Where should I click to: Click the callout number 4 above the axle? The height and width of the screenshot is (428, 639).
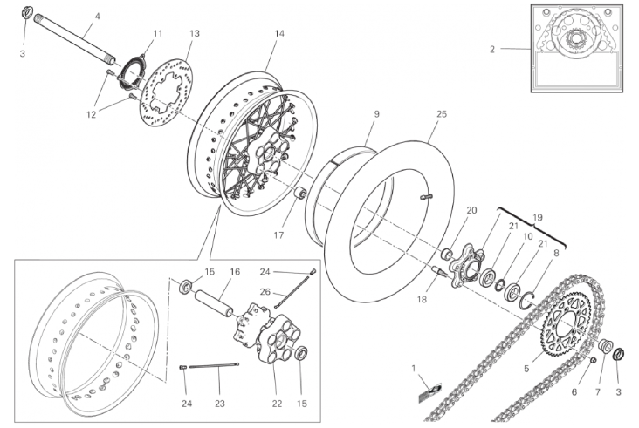[x=97, y=17]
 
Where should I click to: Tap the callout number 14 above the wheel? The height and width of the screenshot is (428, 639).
[x=279, y=33]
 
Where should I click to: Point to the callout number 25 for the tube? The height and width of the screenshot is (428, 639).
[x=442, y=114]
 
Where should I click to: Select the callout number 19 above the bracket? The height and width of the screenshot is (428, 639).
[x=538, y=217]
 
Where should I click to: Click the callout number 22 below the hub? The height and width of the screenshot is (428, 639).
[x=277, y=404]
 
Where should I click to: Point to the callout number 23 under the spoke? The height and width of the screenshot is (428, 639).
[x=220, y=404]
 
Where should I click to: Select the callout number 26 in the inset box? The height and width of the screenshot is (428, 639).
[x=265, y=292]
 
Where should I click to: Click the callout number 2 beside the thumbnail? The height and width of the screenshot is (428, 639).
[x=492, y=49]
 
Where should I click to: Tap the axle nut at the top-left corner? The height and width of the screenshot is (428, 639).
[x=24, y=12]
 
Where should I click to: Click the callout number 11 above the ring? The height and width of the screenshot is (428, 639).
[x=158, y=33]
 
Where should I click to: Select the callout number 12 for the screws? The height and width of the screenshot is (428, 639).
[x=92, y=115]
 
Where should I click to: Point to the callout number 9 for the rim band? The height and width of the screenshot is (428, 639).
[x=376, y=114]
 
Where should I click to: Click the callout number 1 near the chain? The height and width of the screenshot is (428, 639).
[x=414, y=368]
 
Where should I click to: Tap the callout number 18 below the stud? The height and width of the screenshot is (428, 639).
[x=422, y=300]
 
